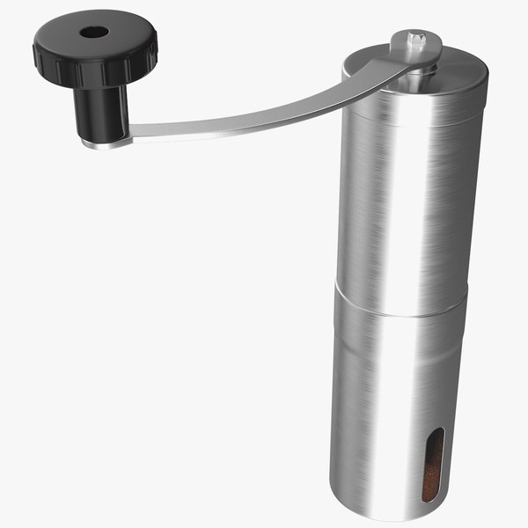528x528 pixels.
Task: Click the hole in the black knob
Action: coord(93,32)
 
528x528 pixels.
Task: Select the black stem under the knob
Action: coord(103,110)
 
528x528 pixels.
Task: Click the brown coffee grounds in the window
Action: coord(430,480)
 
